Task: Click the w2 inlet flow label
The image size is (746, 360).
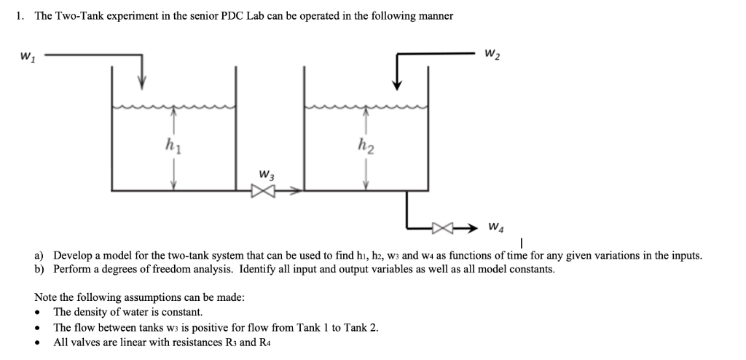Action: point(492,54)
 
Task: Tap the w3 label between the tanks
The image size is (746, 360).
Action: point(266,175)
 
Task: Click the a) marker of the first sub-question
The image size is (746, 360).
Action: point(40,256)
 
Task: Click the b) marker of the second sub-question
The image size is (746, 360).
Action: point(40,269)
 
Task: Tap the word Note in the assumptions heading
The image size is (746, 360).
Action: point(47,297)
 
